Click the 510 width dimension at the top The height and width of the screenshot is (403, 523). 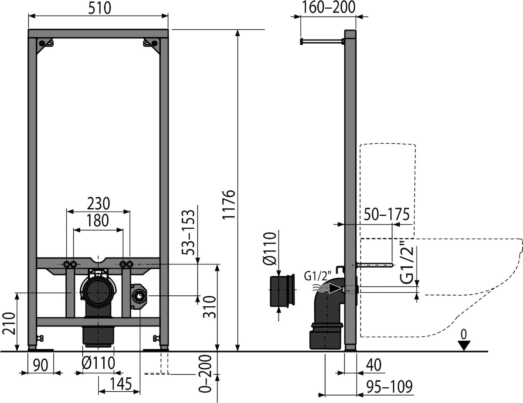point(100,8)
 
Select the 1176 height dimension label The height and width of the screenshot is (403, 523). point(228,204)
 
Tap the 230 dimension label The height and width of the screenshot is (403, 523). point(98,203)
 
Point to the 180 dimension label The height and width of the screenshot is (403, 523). point(98,220)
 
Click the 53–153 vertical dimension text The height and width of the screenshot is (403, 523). point(188,232)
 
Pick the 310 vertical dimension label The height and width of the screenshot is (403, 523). point(209,307)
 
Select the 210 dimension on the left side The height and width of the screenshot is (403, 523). point(9,324)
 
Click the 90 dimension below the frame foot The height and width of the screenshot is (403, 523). point(41,365)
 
